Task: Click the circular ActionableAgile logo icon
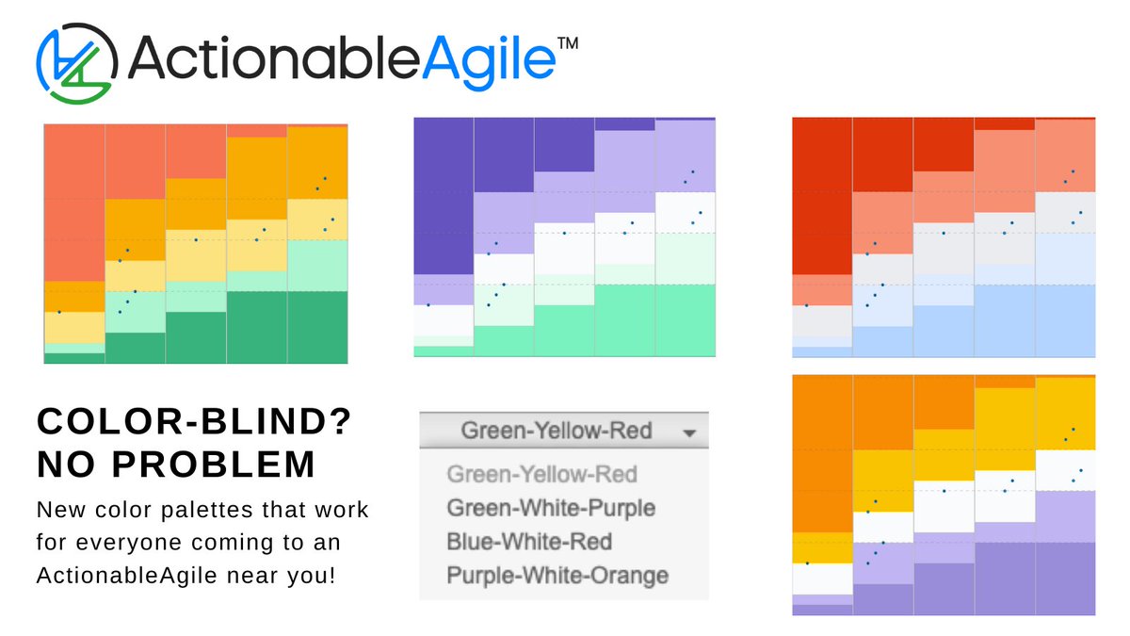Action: coord(76,62)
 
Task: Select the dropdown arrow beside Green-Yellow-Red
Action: coord(690,432)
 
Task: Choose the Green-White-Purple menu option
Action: coord(551,508)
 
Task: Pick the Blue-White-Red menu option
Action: coord(529,542)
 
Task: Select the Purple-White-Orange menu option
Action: coord(557,575)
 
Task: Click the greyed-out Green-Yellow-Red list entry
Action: coord(541,474)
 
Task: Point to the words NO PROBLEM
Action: coord(175,464)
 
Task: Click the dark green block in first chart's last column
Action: coord(317,326)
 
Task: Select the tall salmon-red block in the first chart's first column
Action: coord(74,203)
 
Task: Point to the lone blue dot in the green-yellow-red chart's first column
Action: coord(59,311)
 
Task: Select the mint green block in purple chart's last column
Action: coord(686,320)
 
